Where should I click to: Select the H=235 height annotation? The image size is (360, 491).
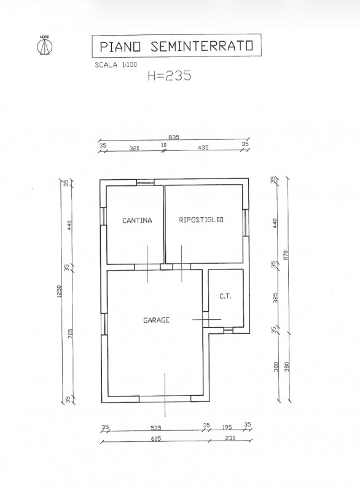pyautogui.click(x=170, y=76)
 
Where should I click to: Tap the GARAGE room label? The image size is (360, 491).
pyautogui.click(x=157, y=320)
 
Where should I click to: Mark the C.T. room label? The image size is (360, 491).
pyautogui.click(x=225, y=297)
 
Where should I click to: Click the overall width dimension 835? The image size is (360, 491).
pyautogui.click(x=174, y=138)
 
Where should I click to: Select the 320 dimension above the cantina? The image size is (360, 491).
pyautogui.click(x=134, y=148)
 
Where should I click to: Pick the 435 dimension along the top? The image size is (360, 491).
pyautogui.click(x=203, y=148)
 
